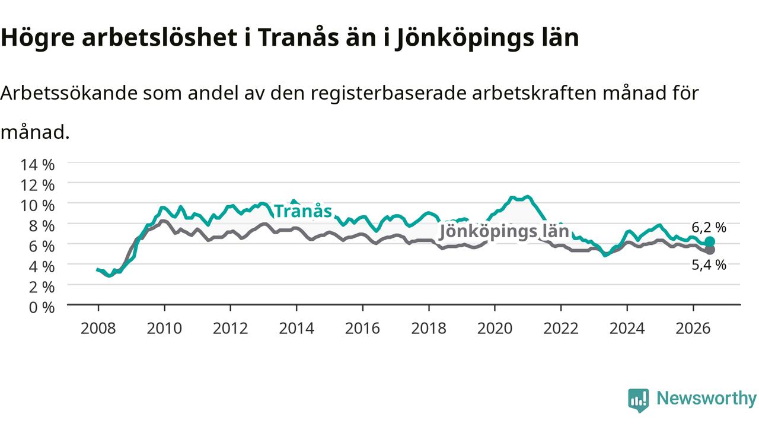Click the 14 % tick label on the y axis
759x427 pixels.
pos(37,165)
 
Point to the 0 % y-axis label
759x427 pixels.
pos(42,308)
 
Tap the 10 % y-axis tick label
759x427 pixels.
pos(37,206)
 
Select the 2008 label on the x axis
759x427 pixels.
pos(98,329)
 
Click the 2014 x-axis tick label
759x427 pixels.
pos(296,329)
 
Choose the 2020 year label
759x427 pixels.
pos(495,329)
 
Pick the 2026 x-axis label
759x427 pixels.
pos(693,329)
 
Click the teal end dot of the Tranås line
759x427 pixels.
pos(710,241)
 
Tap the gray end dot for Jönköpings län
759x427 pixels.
pos(710,250)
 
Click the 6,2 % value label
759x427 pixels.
pos(709,227)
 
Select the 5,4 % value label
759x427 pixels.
pos(709,265)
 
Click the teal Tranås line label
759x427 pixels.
pos(303,211)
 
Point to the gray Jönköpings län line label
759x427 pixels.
pos(504,232)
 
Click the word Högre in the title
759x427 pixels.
pos(37,38)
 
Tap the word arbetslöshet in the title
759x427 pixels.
pos(160,37)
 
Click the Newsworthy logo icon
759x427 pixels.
pos(639,400)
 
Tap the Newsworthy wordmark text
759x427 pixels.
pos(706,399)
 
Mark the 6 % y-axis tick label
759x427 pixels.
pos(42,246)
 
